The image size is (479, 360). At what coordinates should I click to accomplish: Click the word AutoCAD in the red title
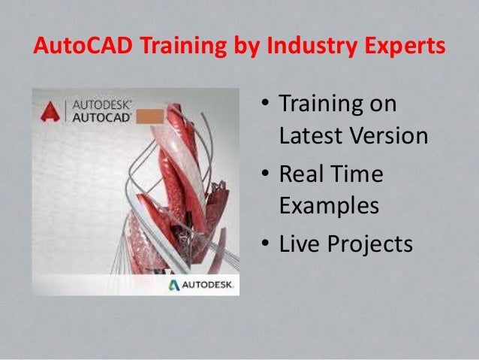tap(83, 45)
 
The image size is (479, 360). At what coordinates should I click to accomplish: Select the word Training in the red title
tap(184, 47)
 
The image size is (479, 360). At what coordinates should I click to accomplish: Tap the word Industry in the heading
tap(312, 47)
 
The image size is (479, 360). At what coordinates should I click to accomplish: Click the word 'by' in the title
tap(247, 47)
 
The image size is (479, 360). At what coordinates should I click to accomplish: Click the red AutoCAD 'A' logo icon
tap(50, 111)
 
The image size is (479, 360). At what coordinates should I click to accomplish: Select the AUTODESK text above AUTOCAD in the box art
tap(101, 105)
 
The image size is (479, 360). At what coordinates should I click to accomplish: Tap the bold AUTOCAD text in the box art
tap(101, 118)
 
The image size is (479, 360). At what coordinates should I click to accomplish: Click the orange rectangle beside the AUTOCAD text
tap(149, 116)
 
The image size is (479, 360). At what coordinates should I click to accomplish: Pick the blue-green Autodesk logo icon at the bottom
tap(174, 285)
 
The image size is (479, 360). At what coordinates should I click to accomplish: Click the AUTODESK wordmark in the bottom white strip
tap(208, 285)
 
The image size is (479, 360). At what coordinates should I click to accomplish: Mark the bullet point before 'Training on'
tap(265, 103)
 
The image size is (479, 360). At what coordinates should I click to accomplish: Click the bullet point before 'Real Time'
tap(265, 173)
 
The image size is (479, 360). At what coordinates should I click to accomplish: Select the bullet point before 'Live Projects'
tap(265, 243)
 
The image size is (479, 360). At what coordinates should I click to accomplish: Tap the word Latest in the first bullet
tap(311, 135)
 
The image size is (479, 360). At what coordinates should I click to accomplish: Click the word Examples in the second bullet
tap(330, 207)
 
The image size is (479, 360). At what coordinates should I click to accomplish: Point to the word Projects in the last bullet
tap(370, 245)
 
